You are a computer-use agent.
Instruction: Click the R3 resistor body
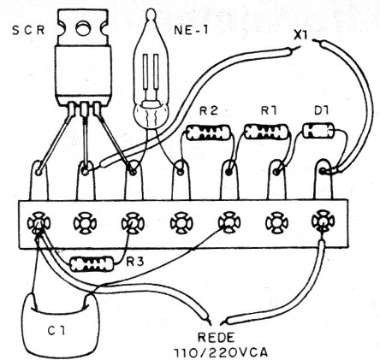click(x=91, y=264)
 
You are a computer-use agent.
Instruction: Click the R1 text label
click(x=266, y=111)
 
